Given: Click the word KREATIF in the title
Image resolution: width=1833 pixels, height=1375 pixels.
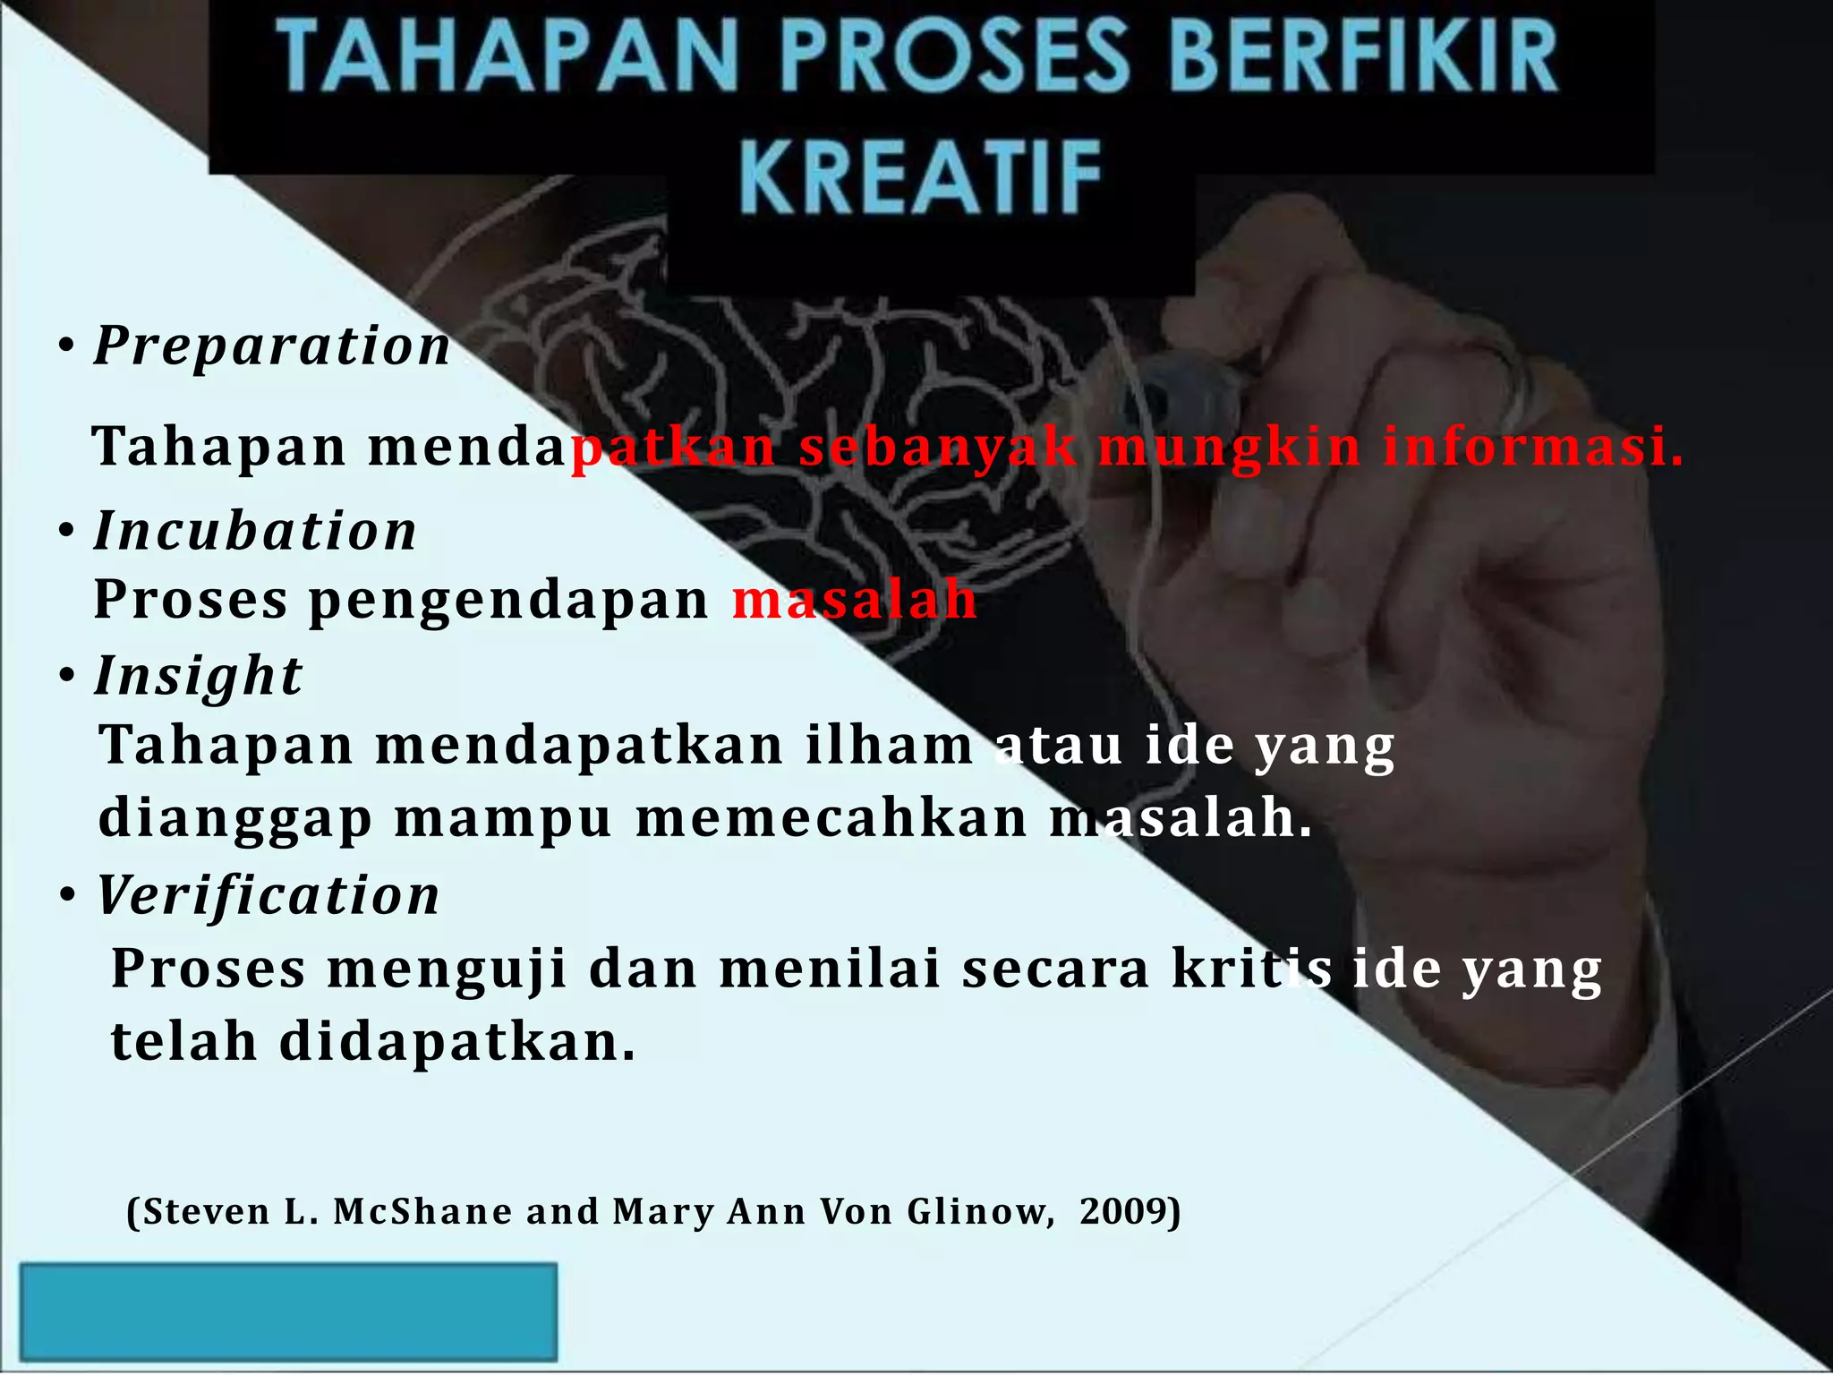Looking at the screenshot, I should tap(921, 178).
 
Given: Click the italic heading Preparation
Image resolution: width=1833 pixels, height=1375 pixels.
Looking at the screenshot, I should tap(272, 346).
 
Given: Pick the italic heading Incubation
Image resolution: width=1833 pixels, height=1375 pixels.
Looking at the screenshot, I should tap(256, 531).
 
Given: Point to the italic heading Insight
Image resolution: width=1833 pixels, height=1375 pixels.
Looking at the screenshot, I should tap(199, 676).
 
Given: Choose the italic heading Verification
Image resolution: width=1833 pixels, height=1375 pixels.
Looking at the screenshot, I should tap(269, 895).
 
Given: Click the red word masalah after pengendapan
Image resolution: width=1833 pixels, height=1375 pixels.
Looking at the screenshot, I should tap(855, 599).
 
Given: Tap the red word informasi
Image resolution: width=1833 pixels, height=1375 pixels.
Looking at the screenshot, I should tap(1532, 447).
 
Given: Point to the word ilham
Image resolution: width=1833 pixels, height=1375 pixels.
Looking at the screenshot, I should tap(890, 745).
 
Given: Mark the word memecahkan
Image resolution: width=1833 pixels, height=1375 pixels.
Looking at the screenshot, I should tap(831, 818).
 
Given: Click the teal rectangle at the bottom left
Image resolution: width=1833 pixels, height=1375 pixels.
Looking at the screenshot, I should tap(288, 1311).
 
